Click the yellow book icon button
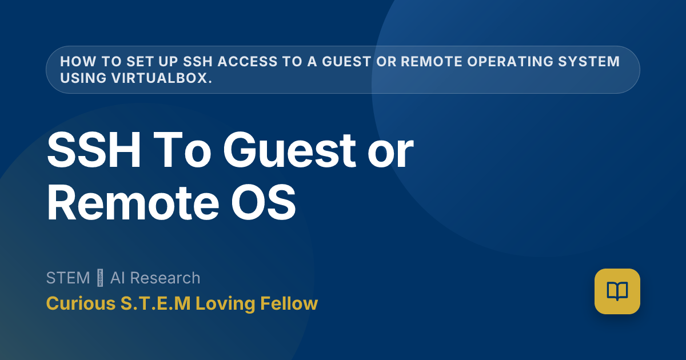(x=617, y=291)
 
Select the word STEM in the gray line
(x=68, y=278)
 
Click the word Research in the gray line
(x=166, y=278)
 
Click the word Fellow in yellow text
(x=289, y=303)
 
